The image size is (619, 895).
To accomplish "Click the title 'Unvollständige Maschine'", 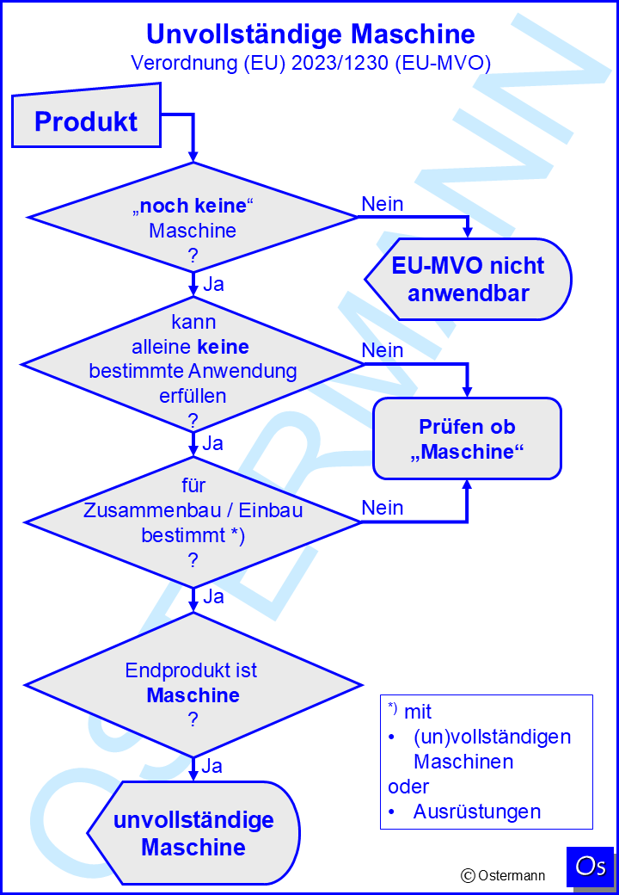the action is tap(310, 34).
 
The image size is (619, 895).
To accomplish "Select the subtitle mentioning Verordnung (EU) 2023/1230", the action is tap(310, 63).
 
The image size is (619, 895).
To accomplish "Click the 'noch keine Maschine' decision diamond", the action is tap(193, 217).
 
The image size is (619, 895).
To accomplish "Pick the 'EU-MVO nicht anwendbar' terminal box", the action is tap(468, 280).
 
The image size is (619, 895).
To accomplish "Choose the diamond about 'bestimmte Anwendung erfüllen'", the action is tap(193, 363).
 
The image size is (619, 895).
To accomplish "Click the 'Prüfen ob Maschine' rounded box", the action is tap(468, 438).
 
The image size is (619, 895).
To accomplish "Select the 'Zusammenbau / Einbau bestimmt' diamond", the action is tap(193, 522).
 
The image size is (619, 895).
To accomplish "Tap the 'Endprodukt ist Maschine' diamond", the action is tap(193, 684).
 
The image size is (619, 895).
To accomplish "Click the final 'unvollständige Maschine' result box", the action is tap(193, 832).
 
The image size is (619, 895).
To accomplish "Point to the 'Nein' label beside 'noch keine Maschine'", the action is tap(383, 204).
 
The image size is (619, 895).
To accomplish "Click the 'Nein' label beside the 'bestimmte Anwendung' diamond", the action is tap(383, 350).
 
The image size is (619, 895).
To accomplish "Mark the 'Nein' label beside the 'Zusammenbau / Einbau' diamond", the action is tap(383, 508).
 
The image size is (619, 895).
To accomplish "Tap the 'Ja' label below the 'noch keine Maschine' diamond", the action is tap(213, 284).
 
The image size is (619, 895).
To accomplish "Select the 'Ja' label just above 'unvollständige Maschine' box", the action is tap(213, 765).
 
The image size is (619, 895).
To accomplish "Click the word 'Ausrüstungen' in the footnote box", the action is tap(477, 811).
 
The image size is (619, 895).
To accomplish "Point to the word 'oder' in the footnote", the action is tap(408, 787).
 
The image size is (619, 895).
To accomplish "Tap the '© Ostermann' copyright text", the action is tap(503, 875).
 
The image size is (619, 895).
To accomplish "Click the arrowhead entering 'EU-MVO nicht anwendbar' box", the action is tap(468, 232).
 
